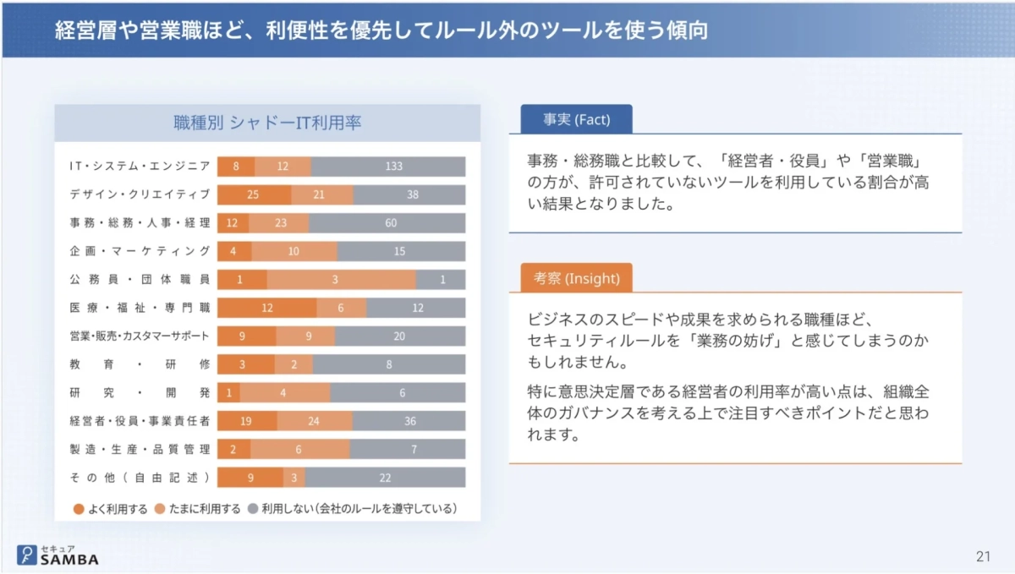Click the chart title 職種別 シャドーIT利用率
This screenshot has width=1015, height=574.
pyautogui.click(x=267, y=123)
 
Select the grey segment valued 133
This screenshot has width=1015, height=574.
pyautogui.click(x=393, y=167)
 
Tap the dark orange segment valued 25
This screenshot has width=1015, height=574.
pyautogui.click(x=253, y=194)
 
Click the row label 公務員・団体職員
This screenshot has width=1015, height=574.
pyautogui.click(x=140, y=279)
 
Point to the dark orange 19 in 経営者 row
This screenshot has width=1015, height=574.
pyautogui.click(x=246, y=420)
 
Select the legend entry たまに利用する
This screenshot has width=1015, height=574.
pyautogui.click(x=198, y=509)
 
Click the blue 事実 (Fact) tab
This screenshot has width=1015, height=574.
pyautogui.click(x=571, y=119)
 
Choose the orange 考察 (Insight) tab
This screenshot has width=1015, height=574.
pyautogui.click(x=571, y=278)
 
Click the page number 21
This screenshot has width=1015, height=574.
pyautogui.click(x=982, y=555)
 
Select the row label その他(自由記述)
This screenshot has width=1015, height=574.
pyautogui.click(x=140, y=477)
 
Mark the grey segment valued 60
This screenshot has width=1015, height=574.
pyautogui.click(x=390, y=223)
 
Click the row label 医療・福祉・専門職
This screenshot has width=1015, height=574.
pyautogui.click(x=140, y=308)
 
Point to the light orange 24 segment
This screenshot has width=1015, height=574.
pyautogui.click(x=313, y=420)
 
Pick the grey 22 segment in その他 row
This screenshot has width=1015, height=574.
pyautogui.click(x=385, y=477)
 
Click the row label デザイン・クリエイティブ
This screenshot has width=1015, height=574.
pyautogui.click(x=140, y=194)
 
